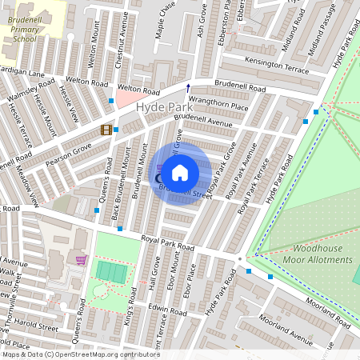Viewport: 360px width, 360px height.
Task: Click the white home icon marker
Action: tap(180, 172)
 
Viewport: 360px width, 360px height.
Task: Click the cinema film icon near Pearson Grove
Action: tap(106, 130)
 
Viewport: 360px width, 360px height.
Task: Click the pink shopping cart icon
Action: tap(80, 259)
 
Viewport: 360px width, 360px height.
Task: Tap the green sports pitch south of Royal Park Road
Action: tap(111, 271)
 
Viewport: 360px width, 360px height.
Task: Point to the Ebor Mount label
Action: tap(174, 272)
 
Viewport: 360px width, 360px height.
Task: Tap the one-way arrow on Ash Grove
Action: tap(189, 87)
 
